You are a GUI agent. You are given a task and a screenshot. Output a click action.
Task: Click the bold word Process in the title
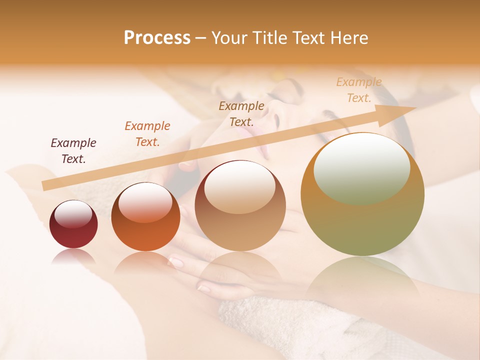pyautogui.click(x=157, y=38)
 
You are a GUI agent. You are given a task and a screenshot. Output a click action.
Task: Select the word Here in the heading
pyautogui.click(x=350, y=38)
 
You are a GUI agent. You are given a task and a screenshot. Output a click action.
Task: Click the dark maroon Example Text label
pyautogui.click(x=73, y=151)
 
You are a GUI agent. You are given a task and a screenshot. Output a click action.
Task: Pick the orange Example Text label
pyautogui.click(x=147, y=134)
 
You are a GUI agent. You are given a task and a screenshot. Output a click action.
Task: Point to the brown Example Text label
pyautogui.click(x=241, y=113)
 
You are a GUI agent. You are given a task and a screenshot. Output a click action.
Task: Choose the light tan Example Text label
pyautogui.click(x=359, y=90)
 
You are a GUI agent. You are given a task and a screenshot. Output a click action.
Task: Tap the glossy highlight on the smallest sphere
pyautogui.click(x=73, y=214)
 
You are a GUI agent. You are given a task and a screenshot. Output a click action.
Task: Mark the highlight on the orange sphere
pyautogui.click(x=145, y=202)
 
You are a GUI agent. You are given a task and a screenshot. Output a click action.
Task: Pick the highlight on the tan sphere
pyautogui.click(x=240, y=186)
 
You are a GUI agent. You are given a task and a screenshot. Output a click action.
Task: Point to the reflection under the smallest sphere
pyautogui.click(x=73, y=256)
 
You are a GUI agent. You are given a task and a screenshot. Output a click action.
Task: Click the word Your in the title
pyautogui.click(x=229, y=38)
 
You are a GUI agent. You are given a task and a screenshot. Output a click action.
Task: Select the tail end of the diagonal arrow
pyautogui.click(x=47, y=185)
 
